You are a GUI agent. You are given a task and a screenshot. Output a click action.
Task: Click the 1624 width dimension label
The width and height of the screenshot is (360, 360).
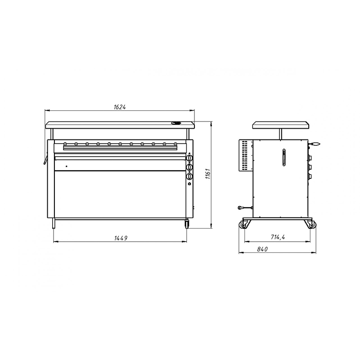[x=120, y=107]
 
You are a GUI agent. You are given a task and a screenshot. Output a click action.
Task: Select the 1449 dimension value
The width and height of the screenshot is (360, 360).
[x=121, y=238]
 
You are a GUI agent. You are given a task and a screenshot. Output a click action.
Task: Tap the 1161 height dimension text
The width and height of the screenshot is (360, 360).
[x=208, y=174]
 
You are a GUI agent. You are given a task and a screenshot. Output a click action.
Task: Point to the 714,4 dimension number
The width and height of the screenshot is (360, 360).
[x=278, y=237]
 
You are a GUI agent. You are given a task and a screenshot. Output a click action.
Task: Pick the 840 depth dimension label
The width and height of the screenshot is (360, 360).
[x=262, y=249]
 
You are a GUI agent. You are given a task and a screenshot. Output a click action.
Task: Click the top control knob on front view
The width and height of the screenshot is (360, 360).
[x=189, y=158]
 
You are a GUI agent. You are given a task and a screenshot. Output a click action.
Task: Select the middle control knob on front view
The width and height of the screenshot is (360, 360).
[x=189, y=167]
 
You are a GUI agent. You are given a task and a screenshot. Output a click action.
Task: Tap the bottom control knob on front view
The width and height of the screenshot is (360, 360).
[x=189, y=176]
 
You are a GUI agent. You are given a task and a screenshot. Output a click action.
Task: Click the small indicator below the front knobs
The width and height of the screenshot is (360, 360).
[x=189, y=184]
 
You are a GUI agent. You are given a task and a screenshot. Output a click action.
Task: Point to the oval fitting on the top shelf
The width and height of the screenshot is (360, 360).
[x=176, y=123]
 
